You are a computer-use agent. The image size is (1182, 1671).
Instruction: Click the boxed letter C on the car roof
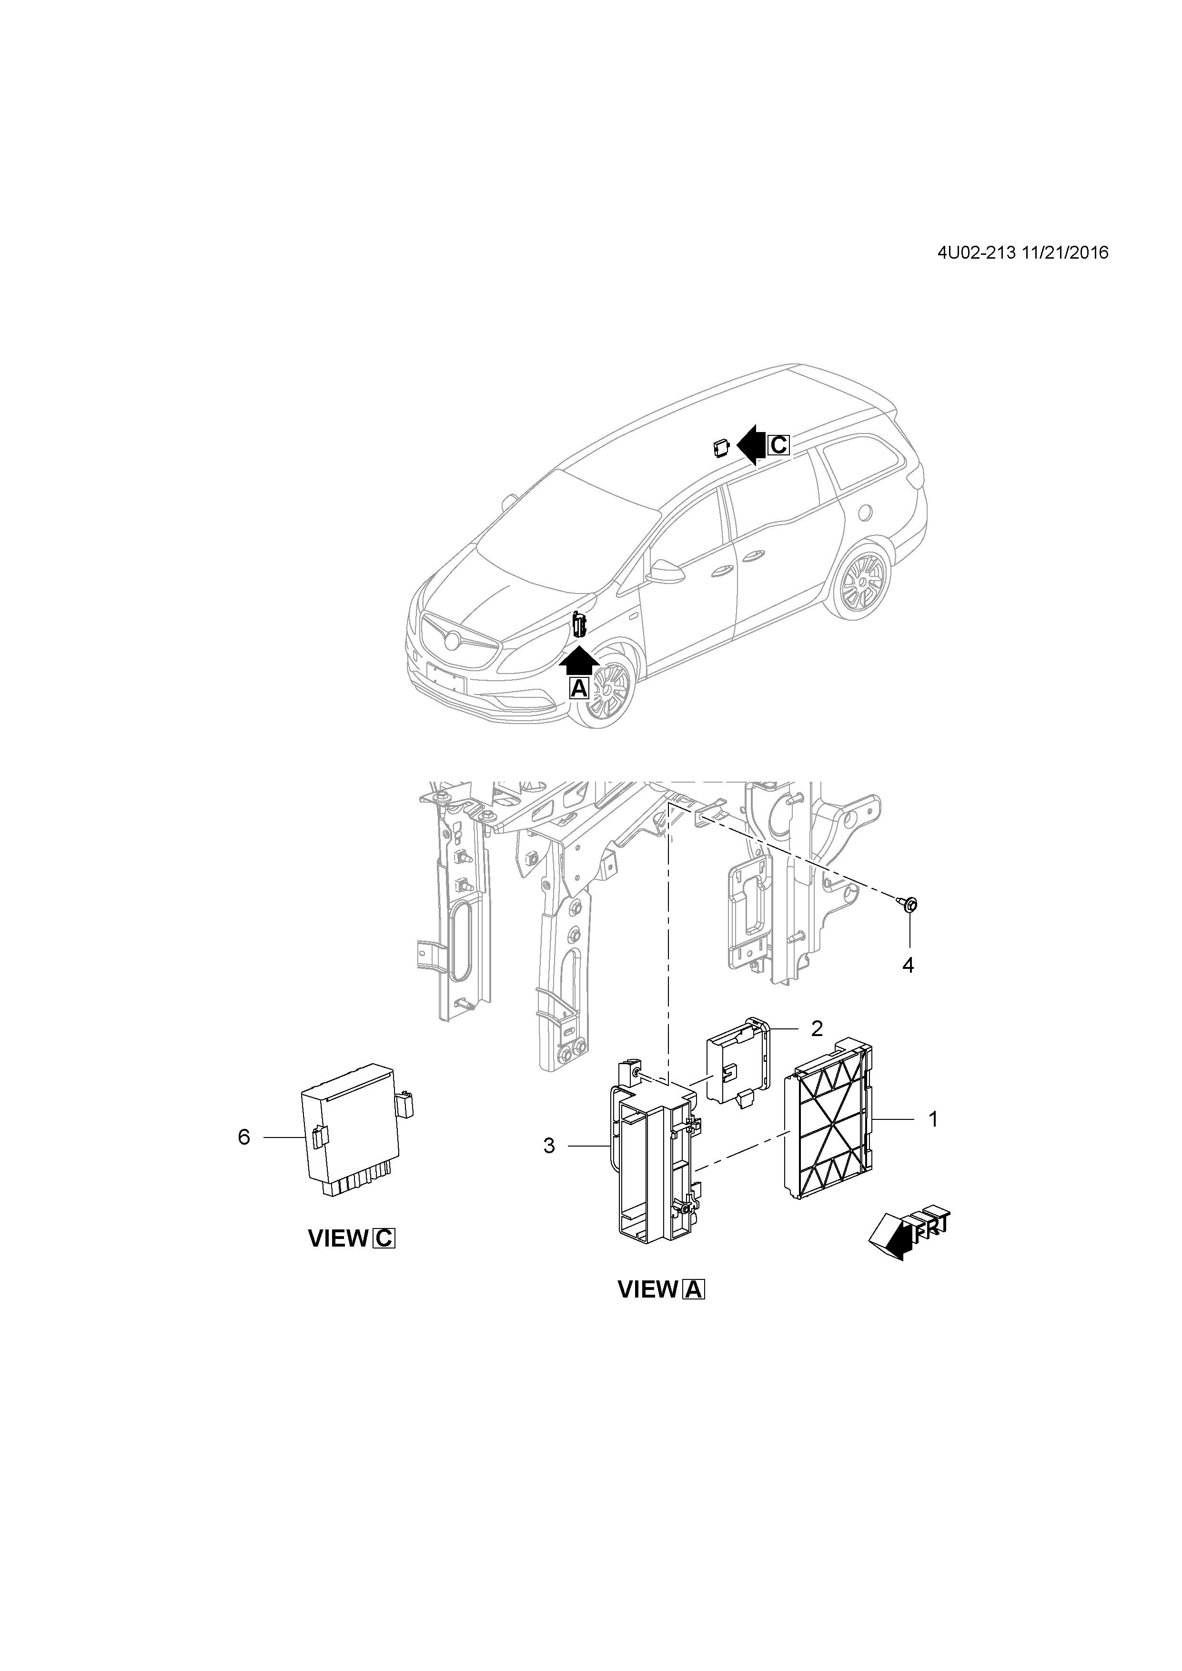click(x=778, y=445)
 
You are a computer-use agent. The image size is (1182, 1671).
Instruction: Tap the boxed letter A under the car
click(x=579, y=688)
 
